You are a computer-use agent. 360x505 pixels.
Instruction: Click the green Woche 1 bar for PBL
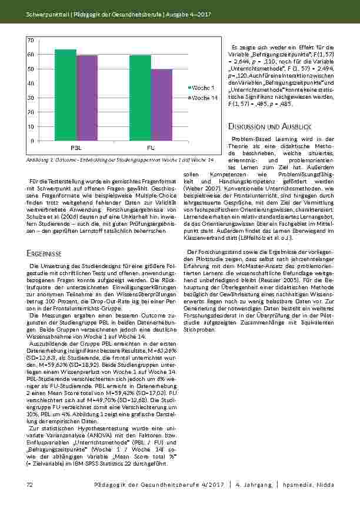coord(65,95)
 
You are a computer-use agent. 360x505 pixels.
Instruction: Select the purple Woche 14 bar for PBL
coord(87,98)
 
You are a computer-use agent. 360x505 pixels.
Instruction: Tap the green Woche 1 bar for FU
coord(141,98)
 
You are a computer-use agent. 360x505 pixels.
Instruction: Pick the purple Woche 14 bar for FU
coord(162,105)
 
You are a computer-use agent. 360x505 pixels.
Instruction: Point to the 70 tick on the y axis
coord(31,39)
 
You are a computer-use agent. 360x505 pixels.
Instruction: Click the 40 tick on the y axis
coord(31,83)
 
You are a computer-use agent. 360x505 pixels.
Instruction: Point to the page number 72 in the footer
coord(29,484)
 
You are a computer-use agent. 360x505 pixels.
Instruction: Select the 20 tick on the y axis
coord(31,112)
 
